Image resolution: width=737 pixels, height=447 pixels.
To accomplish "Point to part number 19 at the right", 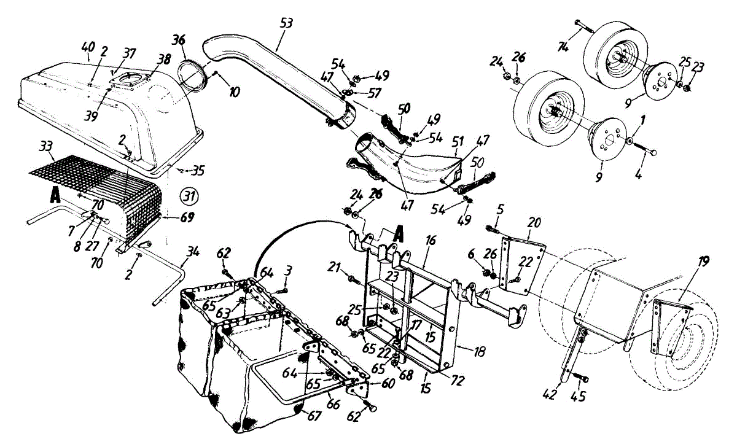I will coord(703,262).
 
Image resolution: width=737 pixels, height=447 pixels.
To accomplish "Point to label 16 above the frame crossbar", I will coord(431,241).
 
